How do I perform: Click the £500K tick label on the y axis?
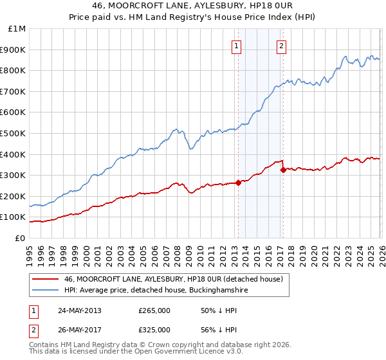(x=14, y=133)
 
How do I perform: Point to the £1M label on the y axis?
(x=17, y=28)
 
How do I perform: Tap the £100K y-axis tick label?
(x=14, y=217)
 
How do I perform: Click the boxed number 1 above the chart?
(x=237, y=46)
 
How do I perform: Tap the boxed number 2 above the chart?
(x=282, y=46)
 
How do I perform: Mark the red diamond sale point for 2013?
(x=238, y=183)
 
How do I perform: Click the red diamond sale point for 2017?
(x=283, y=170)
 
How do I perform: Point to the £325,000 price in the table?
(x=154, y=330)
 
